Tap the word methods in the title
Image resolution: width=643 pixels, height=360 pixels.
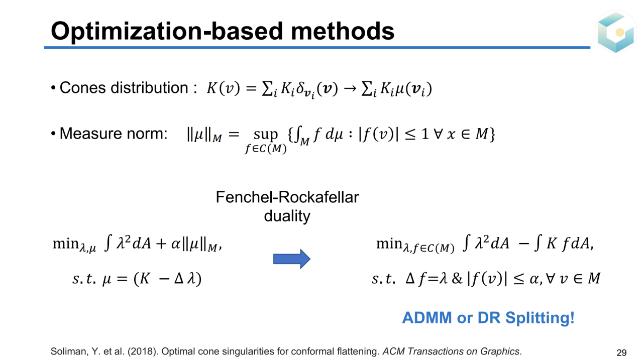click(x=343, y=31)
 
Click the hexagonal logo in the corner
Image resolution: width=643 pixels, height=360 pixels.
click(x=615, y=32)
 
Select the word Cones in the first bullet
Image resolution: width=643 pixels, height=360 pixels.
click(x=82, y=87)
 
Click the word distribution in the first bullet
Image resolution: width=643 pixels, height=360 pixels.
click(x=149, y=87)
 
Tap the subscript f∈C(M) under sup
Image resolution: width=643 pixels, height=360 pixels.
click(x=266, y=148)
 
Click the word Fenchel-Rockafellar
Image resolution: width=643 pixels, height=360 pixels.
click(x=287, y=197)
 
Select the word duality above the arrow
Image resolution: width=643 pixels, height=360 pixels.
click(x=287, y=216)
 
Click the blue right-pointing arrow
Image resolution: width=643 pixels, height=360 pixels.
click(x=292, y=259)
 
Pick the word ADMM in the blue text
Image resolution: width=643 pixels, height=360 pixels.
click(x=427, y=317)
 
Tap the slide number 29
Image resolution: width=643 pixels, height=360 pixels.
click(x=621, y=352)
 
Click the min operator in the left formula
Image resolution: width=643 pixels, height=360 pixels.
click(x=66, y=244)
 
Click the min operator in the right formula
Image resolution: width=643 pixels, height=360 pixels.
click(x=389, y=244)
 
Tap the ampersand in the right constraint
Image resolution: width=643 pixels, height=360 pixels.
click(x=457, y=278)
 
